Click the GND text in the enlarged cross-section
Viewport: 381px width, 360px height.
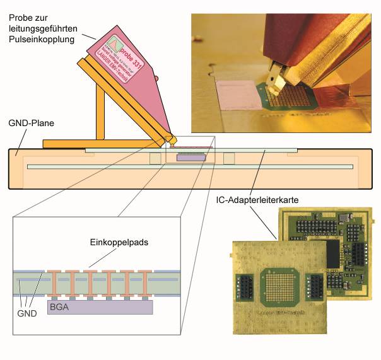coord(26,313)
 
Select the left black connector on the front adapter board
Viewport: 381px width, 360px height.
coord(243,287)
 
